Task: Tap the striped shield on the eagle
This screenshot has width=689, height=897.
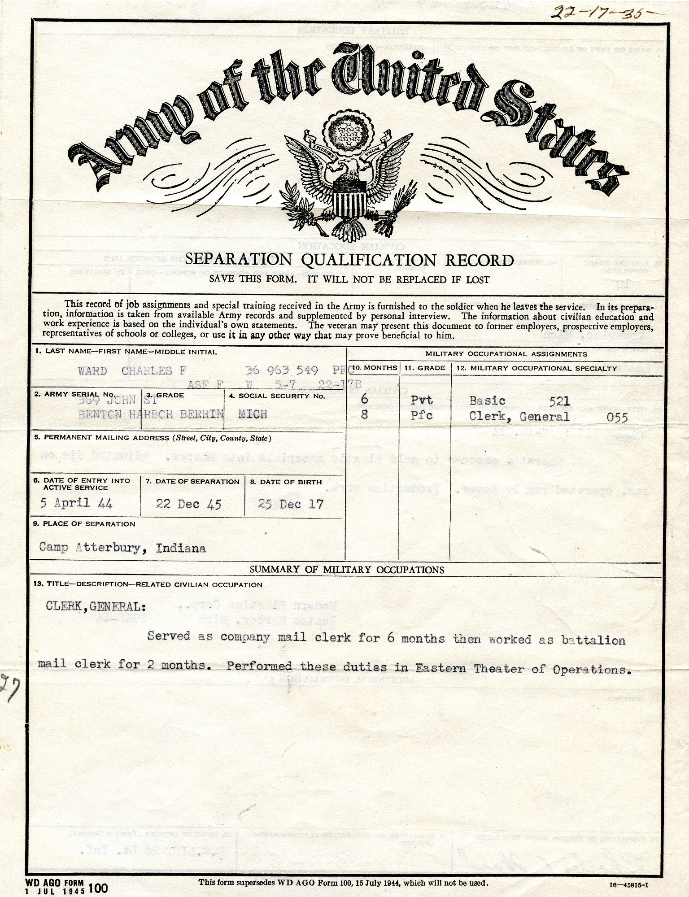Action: coord(348,204)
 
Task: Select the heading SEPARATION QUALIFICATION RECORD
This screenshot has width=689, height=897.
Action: coord(349,260)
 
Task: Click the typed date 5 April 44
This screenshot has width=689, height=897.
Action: coord(76,503)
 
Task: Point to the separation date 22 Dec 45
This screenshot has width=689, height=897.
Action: coord(189,504)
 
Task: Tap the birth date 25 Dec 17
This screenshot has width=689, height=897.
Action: coord(291,504)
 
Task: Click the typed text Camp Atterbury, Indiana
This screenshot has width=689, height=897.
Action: coord(122,548)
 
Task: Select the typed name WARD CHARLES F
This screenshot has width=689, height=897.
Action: coord(132,371)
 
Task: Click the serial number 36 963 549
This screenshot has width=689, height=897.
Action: coord(282,370)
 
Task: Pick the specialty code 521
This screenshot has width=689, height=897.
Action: coord(559,401)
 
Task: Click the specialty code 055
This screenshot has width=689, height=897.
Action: coord(617,418)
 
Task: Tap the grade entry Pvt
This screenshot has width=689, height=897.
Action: coord(422,400)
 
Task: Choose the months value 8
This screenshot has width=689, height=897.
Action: coord(364,415)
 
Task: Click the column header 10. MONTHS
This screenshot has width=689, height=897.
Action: coord(375,368)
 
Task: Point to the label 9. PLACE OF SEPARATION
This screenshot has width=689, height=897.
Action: coord(84,524)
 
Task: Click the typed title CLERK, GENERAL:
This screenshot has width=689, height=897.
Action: coord(96,606)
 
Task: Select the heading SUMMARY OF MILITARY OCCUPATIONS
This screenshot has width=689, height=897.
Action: coord(347,570)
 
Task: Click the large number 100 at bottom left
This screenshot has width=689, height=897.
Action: coord(99,888)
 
